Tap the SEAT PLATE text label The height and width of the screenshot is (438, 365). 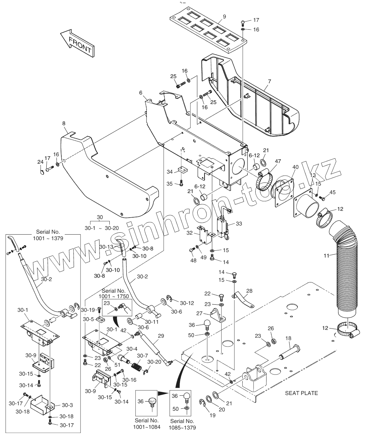click(301, 393)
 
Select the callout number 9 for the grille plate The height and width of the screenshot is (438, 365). click(224, 16)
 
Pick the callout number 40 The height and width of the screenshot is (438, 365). click(295, 167)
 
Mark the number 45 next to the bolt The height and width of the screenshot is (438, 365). click(333, 192)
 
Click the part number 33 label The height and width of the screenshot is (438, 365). click(239, 224)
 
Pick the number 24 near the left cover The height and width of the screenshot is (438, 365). click(40, 162)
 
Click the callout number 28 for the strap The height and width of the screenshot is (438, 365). click(249, 291)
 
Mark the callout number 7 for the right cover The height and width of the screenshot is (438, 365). click(269, 82)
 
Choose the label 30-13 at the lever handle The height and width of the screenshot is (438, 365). click(106, 247)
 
